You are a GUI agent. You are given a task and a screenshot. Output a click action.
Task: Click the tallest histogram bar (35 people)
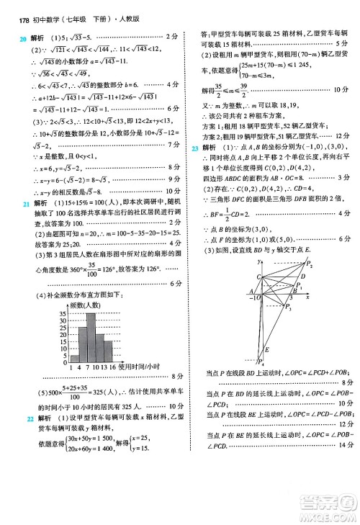(91, 337)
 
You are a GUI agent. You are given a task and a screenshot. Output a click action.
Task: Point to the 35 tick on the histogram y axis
(63, 314)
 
